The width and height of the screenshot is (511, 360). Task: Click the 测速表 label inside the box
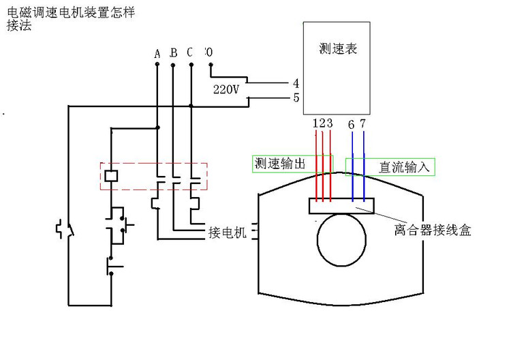coord(338,50)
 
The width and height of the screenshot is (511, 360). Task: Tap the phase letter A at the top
coord(157,53)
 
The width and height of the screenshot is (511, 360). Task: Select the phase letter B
coord(173,53)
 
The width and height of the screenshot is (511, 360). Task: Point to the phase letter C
coord(189,53)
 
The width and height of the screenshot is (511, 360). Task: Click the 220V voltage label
coord(226,89)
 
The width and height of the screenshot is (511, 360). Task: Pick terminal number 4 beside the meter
coord(296,83)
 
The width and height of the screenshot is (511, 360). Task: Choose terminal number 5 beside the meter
coord(296,97)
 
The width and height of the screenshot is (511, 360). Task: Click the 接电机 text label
coord(226,233)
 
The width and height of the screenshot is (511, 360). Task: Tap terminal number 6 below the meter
coord(351,124)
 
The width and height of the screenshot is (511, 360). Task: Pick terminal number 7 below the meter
coord(363,124)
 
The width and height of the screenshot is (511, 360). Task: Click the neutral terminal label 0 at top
coord(208,52)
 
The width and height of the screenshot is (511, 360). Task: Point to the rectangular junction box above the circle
coord(341,205)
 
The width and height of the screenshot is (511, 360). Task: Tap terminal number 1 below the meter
coord(315,123)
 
